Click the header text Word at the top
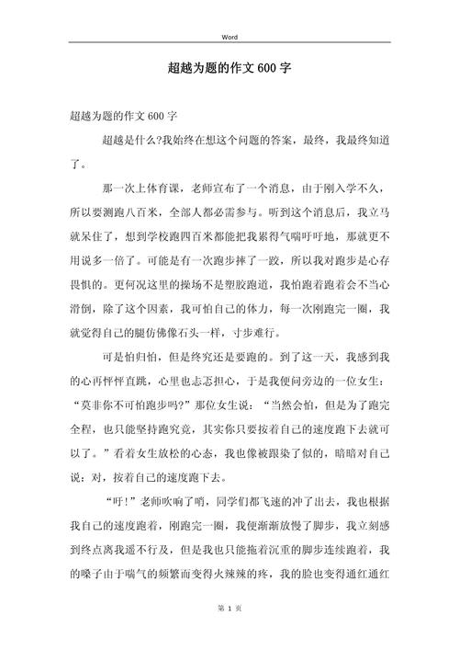229,38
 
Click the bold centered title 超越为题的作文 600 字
229,69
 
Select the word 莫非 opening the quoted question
91,403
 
